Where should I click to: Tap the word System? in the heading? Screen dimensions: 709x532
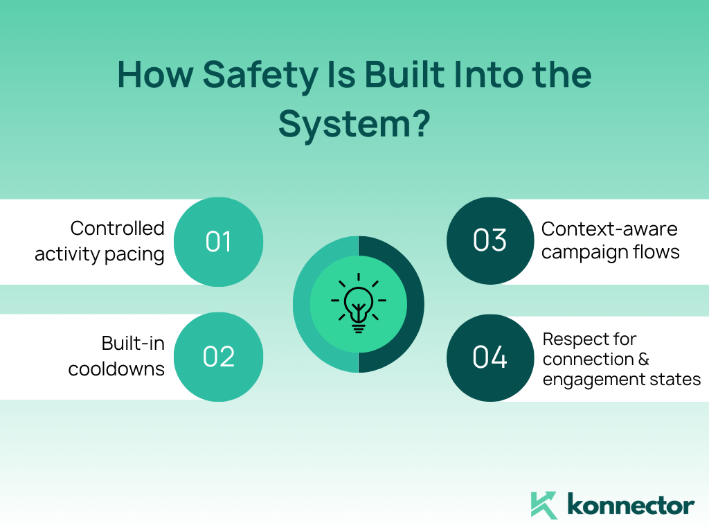coord(354,124)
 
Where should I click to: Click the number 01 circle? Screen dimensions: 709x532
coord(218,242)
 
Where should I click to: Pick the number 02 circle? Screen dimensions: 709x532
coord(218,357)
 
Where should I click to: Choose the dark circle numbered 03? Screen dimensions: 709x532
coord(490,240)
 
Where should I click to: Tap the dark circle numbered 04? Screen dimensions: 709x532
coord(490,358)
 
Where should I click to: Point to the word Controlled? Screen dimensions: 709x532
coord(117,228)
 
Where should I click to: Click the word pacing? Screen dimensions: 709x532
coord(134,255)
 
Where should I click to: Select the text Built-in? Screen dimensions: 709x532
coord(133,344)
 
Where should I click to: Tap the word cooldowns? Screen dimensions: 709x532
coord(116,369)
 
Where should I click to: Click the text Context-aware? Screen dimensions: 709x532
coord(609,229)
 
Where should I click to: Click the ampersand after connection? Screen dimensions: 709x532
coord(643,360)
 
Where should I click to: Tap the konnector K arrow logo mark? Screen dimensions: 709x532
coord(544,505)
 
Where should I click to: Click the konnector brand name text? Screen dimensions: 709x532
coord(631,504)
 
